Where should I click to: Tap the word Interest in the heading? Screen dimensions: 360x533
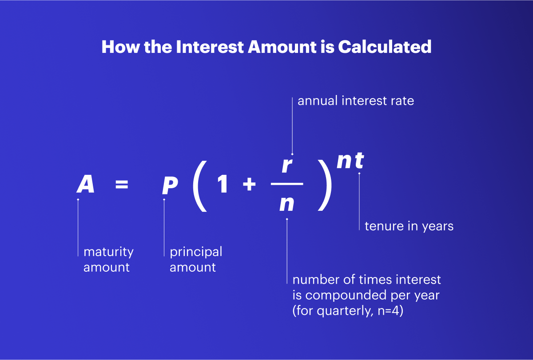pos(210,47)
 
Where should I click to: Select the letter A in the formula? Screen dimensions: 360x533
pos(86,184)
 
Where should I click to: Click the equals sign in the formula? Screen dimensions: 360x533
pos(122,185)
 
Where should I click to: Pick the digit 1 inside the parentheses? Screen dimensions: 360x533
pos(223,185)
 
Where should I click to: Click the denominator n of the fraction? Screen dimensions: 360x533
pos(287,204)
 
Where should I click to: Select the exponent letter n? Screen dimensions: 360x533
pos(345,162)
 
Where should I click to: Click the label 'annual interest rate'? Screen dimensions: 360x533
pos(356,101)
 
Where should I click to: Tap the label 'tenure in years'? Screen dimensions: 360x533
pos(409,226)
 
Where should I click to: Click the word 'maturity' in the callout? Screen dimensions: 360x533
pos(108,252)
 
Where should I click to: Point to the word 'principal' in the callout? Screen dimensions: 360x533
pos(196,252)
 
